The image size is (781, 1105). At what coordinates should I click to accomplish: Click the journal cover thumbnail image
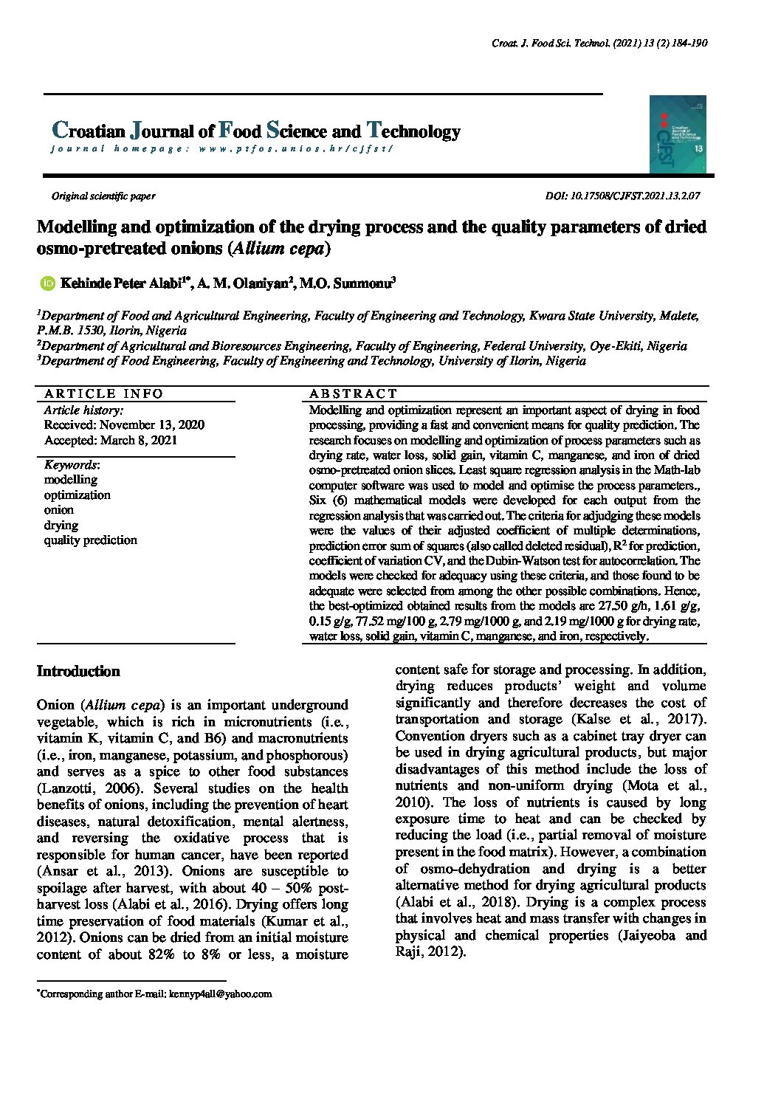click(x=678, y=134)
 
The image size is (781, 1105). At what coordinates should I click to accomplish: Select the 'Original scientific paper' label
click(x=103, y=196)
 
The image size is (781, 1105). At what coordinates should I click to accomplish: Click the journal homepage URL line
click(x=222, y=148)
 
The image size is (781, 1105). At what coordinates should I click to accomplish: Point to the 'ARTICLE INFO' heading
click(x=103, y=393)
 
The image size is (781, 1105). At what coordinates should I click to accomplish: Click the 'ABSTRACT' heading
click(x=354, y=393)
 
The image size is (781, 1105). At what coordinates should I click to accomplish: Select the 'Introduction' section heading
click(x=78, y=672)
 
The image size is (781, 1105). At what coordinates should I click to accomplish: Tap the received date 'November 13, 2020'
click(x=152, y=425)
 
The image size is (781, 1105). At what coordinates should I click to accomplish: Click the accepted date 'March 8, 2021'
click(x=137, y=441)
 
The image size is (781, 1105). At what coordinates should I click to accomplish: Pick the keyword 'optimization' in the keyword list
click(x=77, y=495)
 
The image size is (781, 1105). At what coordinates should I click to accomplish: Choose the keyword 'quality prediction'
click(x=90, y=540)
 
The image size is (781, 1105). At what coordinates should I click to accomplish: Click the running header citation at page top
click(x=599, y=44)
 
